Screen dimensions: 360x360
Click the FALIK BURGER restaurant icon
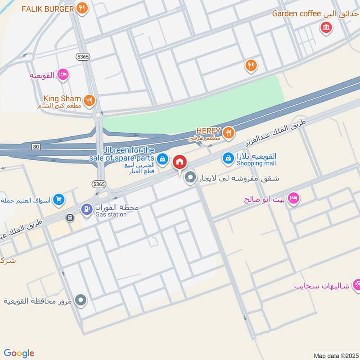click(81, 8)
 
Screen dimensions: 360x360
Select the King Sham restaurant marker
click(90, 99)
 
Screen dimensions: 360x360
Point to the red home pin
click(180, 162)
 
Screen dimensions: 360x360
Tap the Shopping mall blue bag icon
click(228, 158)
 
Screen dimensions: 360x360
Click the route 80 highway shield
click(36, 147)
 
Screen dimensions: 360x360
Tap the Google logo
click(19, 353)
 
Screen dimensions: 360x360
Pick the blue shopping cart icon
click(58, 199)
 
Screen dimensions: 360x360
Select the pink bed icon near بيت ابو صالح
click(293, 198)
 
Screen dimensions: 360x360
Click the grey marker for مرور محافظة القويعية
click(81, 299)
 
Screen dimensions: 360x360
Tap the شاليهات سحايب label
click(322, 286)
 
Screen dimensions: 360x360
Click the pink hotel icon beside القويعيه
click(63, 75)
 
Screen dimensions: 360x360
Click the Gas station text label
click(111, 215)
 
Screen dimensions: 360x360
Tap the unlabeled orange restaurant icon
click(251, 66)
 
